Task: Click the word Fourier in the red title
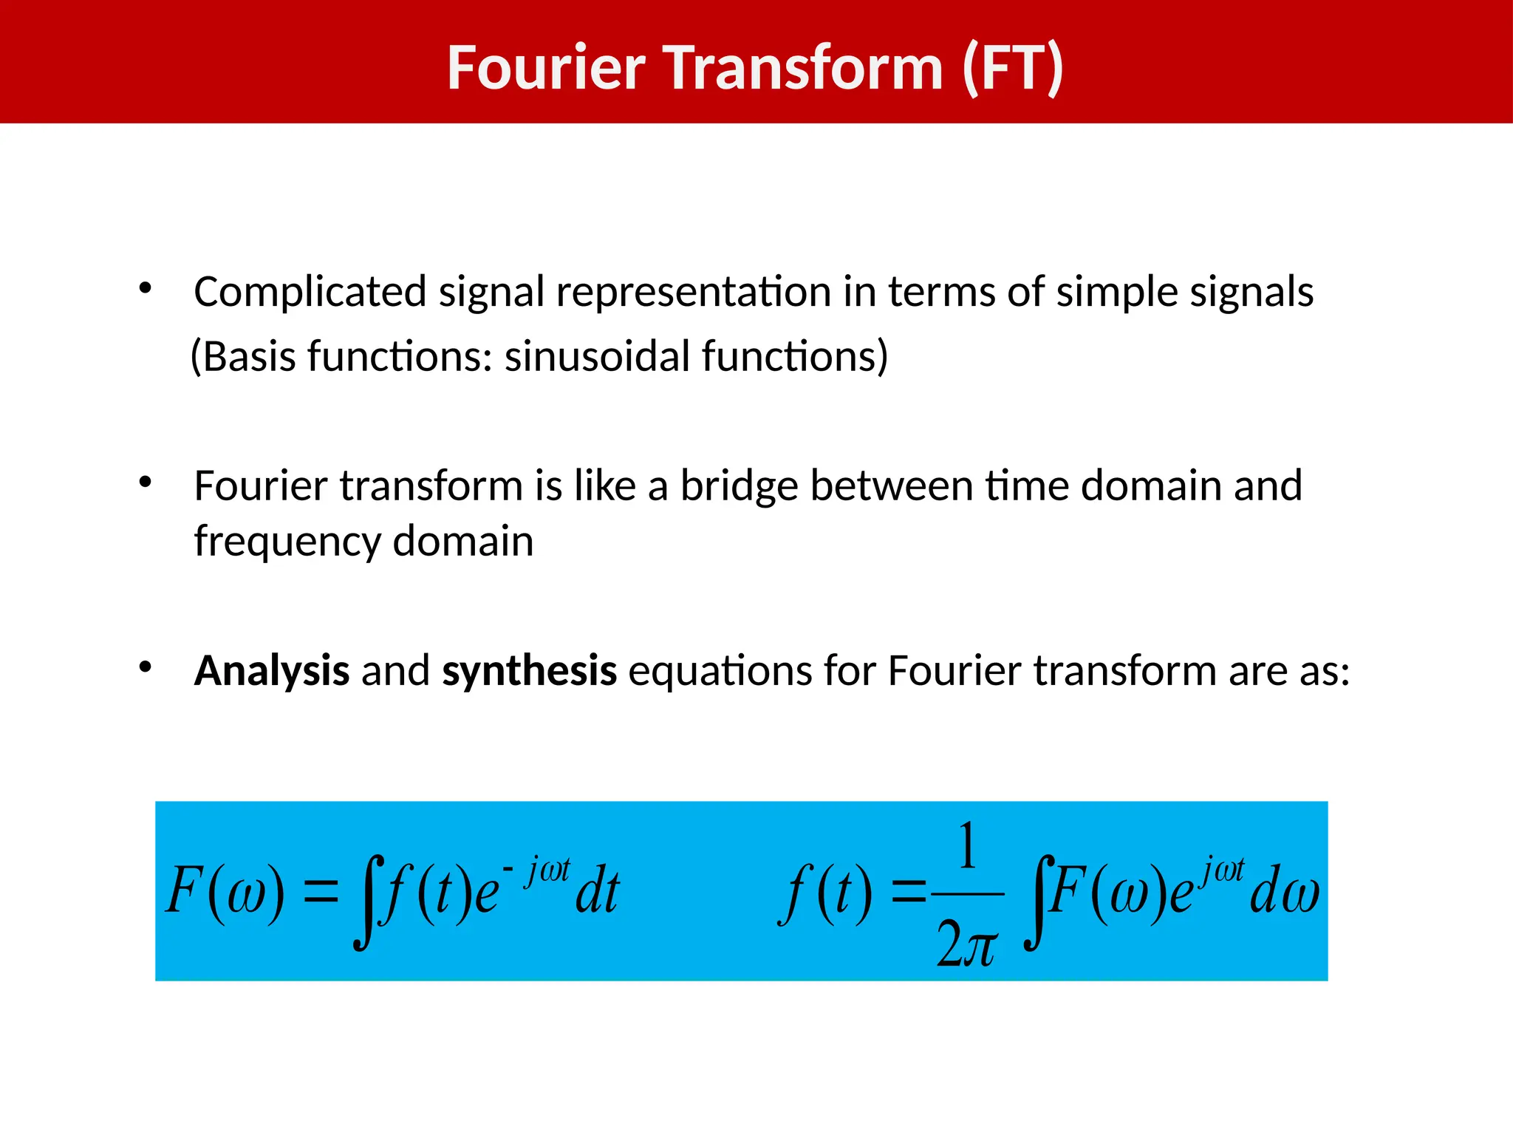click(x=546, y=68)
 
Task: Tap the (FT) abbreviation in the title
click(x=1012, y=68)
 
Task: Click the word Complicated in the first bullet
click(x=310, y=292)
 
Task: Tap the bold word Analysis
click(x=271, y=671)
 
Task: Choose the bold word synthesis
click(x=529, y=671)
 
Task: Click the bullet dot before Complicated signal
click(x=146, y=288)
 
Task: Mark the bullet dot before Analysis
click(x=146, y=667)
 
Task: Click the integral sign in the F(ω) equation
click(x=367, y=901)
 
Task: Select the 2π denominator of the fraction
click(x=966, y=946)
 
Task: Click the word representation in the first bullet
click(x=693, y=292)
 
